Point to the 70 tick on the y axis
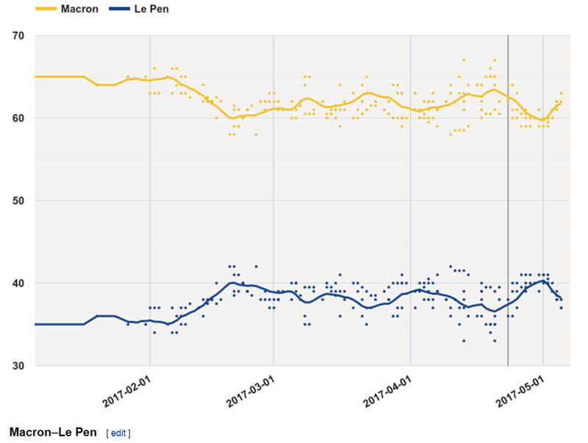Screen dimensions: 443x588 point(18,35)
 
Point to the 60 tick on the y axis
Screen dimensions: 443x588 point(18,118)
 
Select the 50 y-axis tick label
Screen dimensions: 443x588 point(18,201)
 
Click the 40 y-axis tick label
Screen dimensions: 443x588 point(18,284)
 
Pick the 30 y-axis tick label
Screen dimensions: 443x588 point(18,366)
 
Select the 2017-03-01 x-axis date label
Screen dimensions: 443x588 point(254,389)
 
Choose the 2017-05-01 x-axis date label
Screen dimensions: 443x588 point(524,389)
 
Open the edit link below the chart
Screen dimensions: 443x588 point(118,433)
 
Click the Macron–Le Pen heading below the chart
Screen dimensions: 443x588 point(52,432)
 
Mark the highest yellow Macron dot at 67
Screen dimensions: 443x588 point(464,60)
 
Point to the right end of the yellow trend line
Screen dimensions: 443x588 point(562,103)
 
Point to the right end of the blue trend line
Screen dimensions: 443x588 point(562,298)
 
